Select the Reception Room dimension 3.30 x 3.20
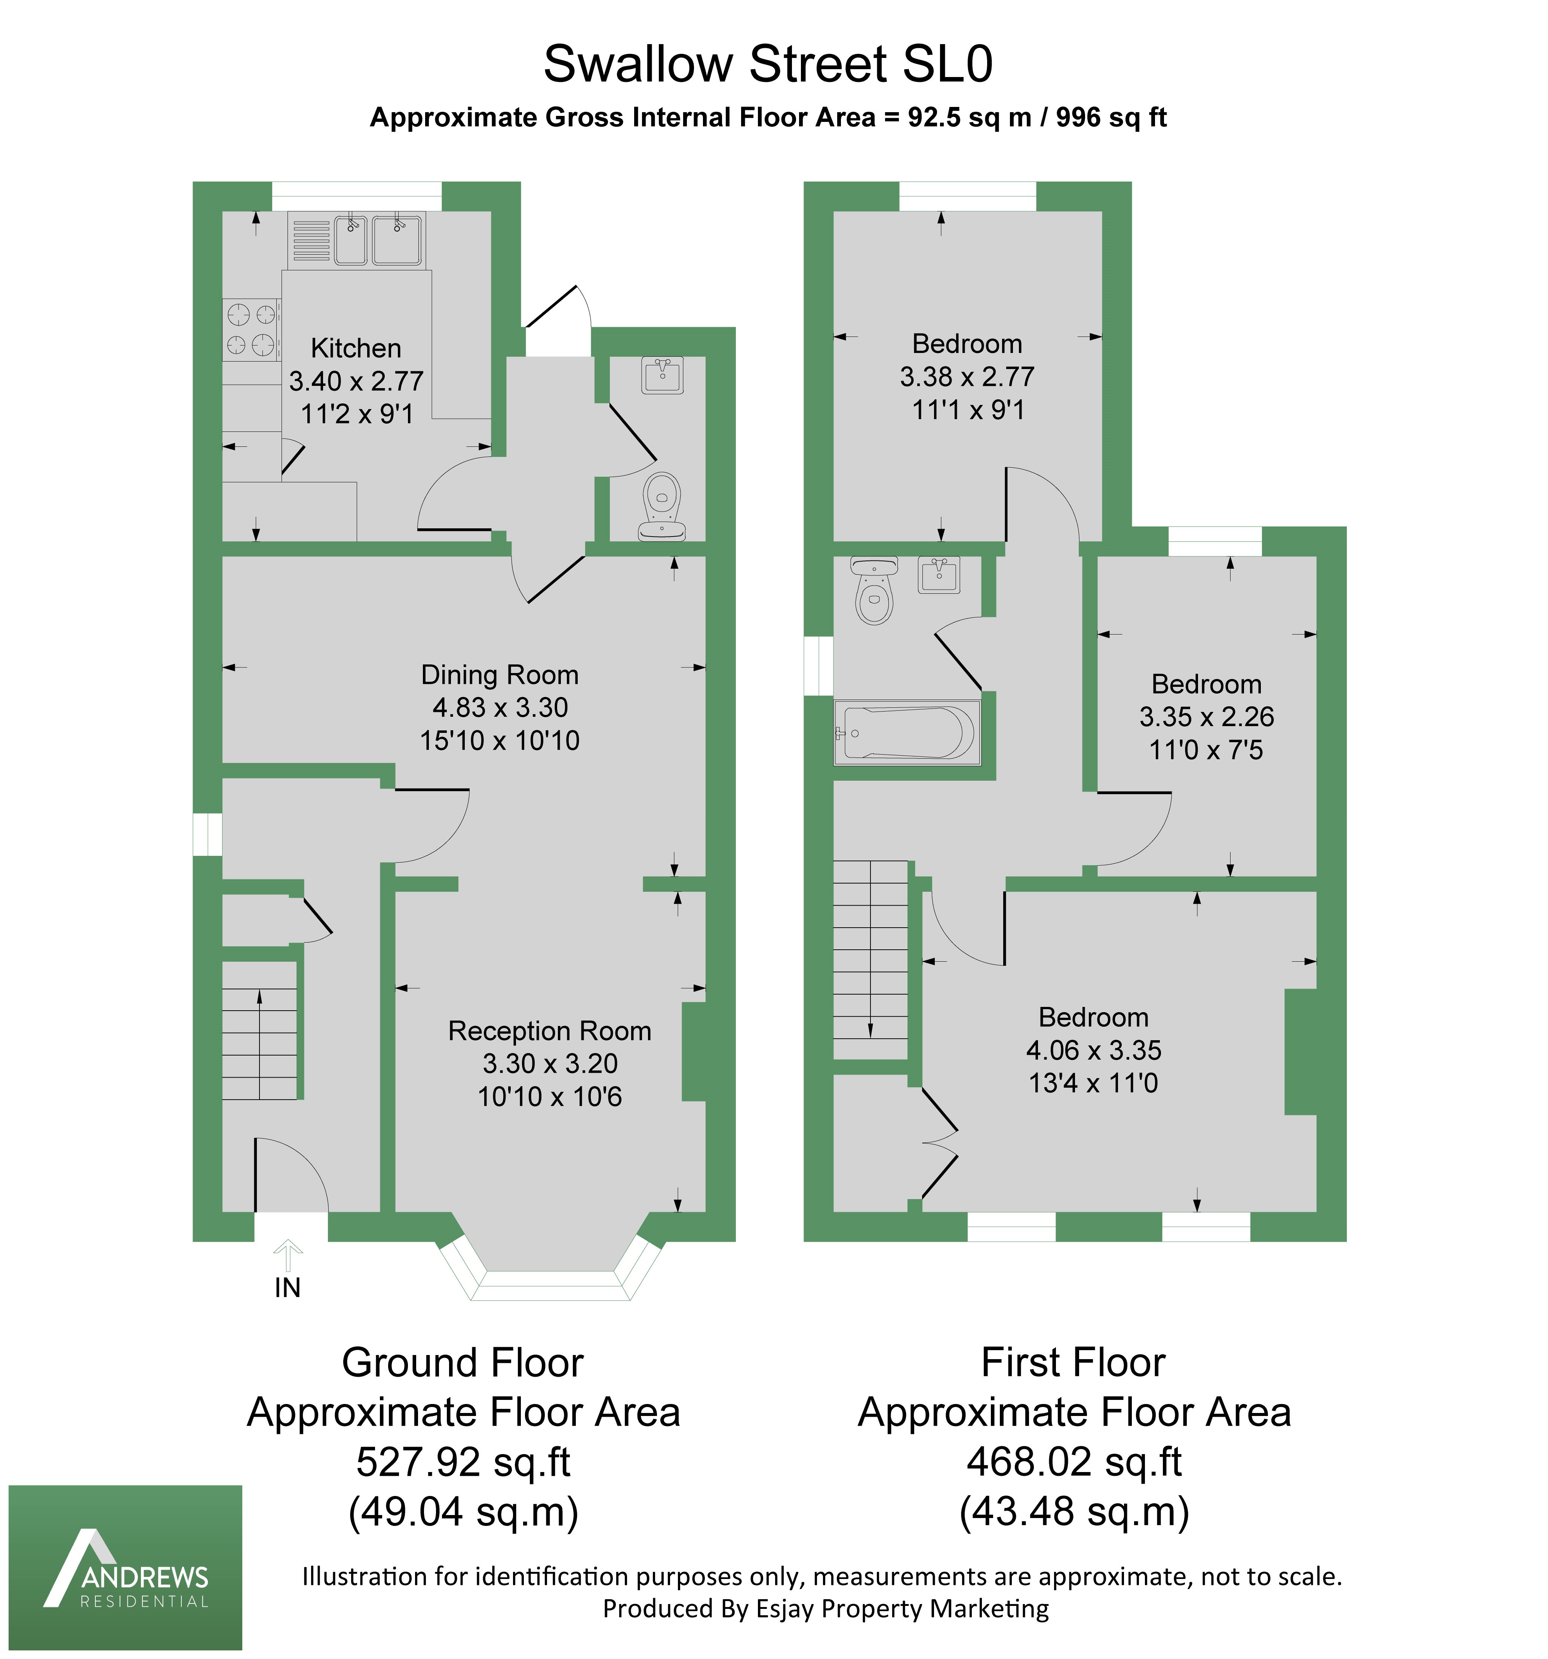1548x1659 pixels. tap(550, 1063)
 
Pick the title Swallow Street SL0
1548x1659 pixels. tap(768, 64)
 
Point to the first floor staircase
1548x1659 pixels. tap(870, 960)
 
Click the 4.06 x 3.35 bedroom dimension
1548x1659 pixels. tap(1093, 1050)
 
